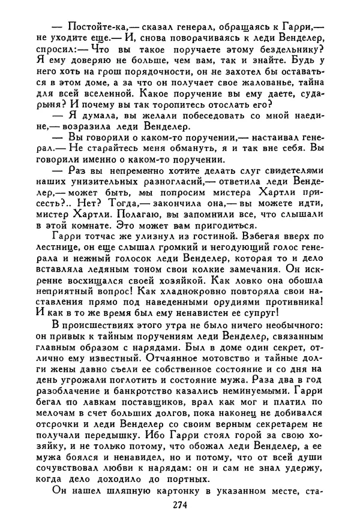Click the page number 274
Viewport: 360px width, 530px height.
179,505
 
